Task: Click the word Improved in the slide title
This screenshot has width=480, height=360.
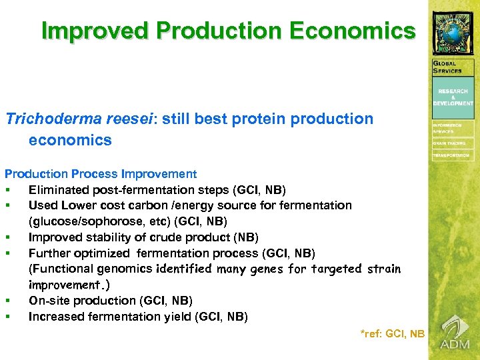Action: (x=86, y=31)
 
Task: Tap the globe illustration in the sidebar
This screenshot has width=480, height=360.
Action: (x=453, y=33)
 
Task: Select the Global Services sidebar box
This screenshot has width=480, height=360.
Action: (x=453, y=67)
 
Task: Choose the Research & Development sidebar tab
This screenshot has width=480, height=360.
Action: (x=453, y=97)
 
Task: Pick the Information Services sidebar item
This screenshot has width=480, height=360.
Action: (x=453, y=127)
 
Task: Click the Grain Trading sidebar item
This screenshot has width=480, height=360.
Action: (x=453, y=143)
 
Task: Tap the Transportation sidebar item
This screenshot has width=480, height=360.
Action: (x=453, y=155)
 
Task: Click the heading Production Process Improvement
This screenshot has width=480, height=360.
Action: (x=101, y=174)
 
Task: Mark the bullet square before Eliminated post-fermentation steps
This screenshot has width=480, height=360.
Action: (x=8, y=190)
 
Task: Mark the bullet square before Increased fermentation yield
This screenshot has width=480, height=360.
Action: (x=8, y=317)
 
